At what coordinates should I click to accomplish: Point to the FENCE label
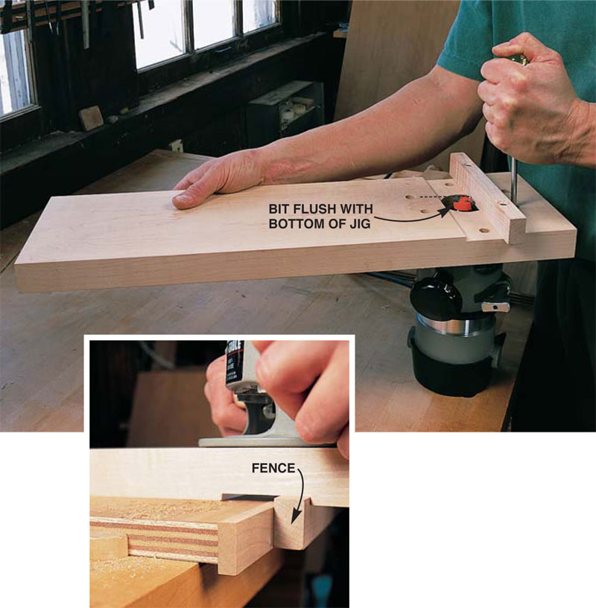(x=273, y=468)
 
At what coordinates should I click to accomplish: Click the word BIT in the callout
(x=279, y=209)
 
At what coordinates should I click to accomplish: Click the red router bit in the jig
(x=463, y=203)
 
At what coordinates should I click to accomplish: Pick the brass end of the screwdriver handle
(x=519, y=60)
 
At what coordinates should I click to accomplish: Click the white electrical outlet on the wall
(x=176, y=145)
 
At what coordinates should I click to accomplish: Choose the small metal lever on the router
(x=495, y=307)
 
